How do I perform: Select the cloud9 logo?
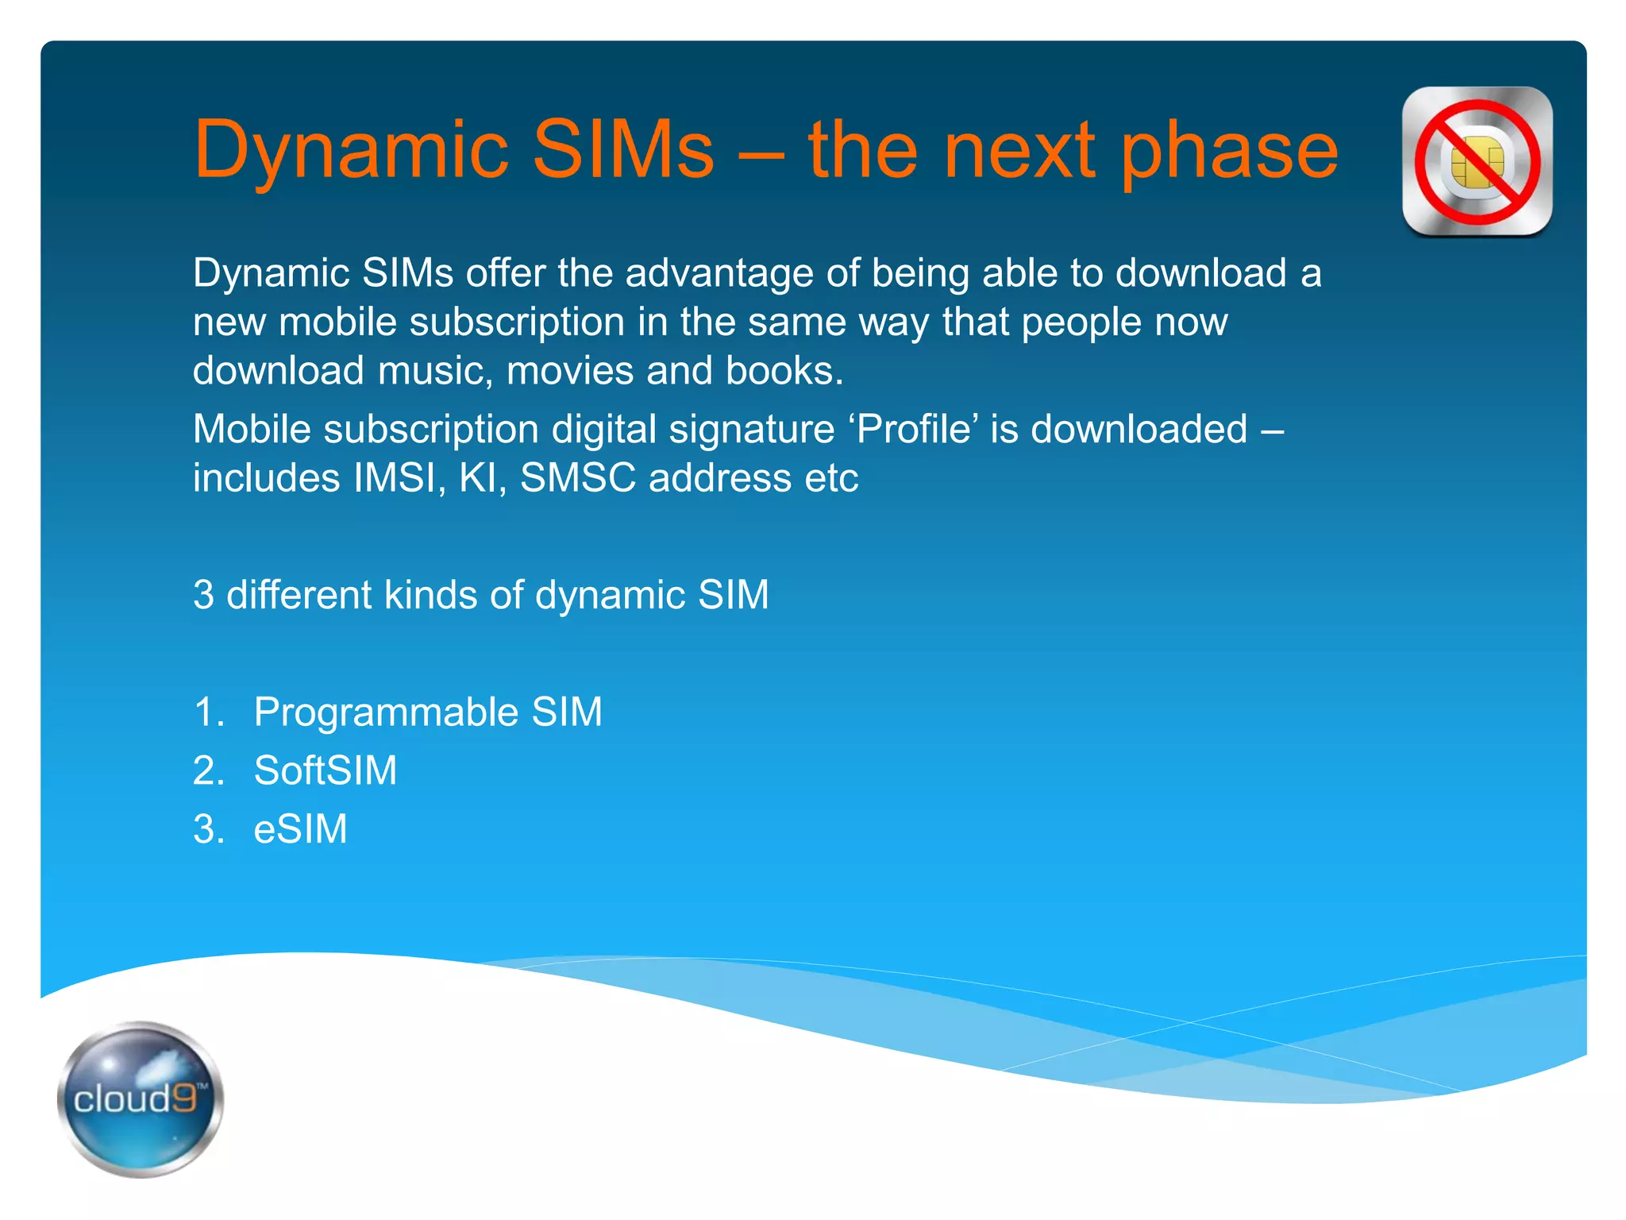(141, 1098)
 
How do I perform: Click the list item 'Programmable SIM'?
(427, 712)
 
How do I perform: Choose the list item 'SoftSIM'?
(325, 770)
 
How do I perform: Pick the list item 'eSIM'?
(300, 829)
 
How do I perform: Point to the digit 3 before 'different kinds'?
(203, 595)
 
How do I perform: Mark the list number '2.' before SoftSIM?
(208, 770)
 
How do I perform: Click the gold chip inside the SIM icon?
(1477, 161)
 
